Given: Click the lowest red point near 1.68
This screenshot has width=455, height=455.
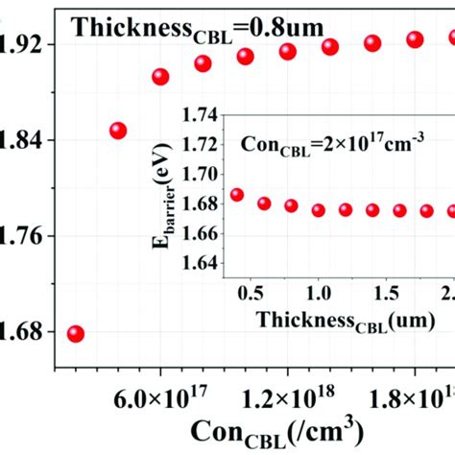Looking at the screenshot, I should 75,334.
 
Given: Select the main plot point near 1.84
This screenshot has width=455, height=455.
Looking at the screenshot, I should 117,131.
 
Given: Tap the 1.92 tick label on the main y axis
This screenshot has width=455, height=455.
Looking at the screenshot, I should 27,44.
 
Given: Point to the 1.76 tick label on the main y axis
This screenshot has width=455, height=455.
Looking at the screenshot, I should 27,236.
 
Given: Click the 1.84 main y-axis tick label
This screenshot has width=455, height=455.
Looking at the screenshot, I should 27,141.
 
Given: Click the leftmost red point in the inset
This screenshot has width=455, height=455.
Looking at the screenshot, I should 237,195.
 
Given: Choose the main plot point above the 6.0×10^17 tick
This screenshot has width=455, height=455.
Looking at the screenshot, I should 160,77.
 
